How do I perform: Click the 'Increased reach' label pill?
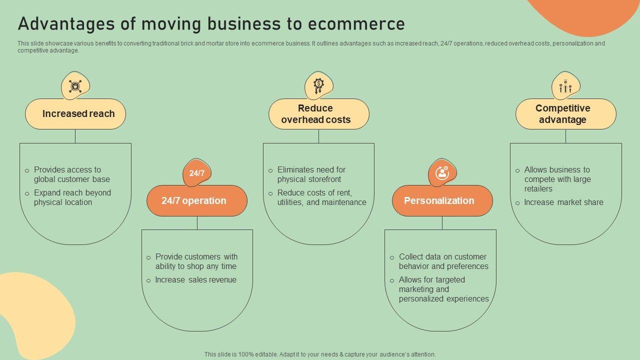click(75, 114)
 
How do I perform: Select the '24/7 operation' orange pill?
click(197, 201)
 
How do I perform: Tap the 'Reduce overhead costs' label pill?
click(319, 114)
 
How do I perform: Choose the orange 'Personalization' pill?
click(442, 201)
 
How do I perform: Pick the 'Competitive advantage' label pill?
click(565, 114)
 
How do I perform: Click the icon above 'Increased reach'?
click(75, 86)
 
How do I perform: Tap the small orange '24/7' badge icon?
click(197, 173)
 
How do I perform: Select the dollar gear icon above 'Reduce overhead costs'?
click(318, 85)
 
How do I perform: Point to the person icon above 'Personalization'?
click(442, 173)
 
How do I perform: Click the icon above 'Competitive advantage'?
click(565, 86)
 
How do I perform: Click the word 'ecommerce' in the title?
click(356, 24)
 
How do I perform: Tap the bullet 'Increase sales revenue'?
click(195, 280)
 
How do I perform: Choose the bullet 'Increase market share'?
click(563, 202)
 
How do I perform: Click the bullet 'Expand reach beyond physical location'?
click(72, 197)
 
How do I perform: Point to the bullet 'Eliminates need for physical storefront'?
click(311, 174)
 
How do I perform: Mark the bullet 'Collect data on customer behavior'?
click(443, 261)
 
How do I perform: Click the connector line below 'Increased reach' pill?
click(75, 136)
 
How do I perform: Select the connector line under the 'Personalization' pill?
click(442, 223)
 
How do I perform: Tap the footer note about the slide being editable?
click(320, 354)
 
